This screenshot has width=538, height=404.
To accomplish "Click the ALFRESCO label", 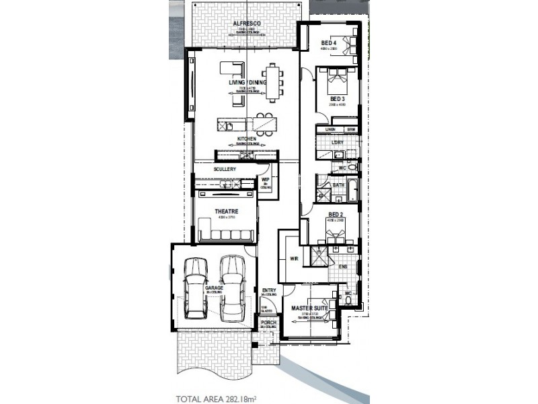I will pos(247,24).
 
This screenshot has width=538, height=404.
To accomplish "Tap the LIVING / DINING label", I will pos(247,83).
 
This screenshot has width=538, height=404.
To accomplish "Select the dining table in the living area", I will pos(272,81).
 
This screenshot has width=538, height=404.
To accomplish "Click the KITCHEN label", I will pos(247,139).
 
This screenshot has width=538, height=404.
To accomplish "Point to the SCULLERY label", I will pos(225,170).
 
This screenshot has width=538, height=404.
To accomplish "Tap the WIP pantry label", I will pos(265,180).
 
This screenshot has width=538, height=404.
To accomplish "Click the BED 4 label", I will pos(329,43).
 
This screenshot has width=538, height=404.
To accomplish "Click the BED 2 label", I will pos(335,214).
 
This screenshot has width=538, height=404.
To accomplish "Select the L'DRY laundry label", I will pos(338,143).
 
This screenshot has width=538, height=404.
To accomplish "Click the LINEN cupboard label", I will pos(330,129).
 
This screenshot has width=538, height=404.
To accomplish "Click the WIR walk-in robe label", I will pos(293,257).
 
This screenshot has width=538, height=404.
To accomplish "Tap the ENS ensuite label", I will pos(343,267).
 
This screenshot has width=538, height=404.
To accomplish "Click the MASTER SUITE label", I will pos(309,308).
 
